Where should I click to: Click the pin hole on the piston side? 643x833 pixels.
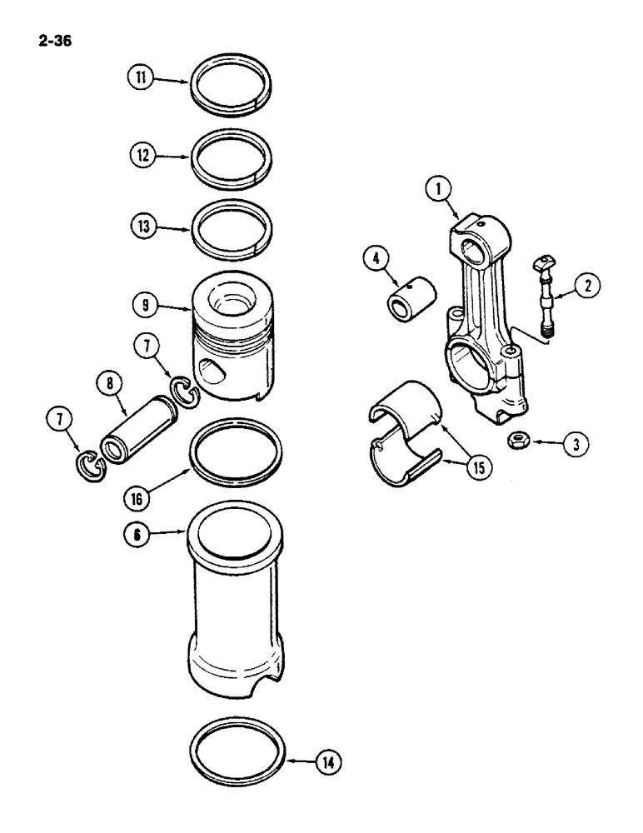211,367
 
